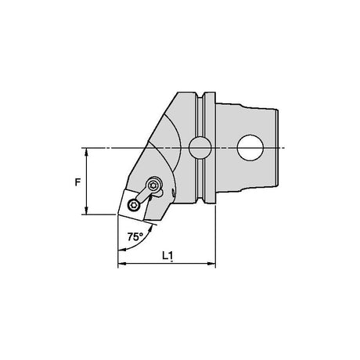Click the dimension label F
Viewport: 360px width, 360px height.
(x=77, y=182)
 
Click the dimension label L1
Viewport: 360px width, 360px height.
(x=167, y=255)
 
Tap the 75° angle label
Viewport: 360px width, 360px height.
(x=135, y=236)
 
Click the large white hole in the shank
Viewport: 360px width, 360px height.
(x=250, y=148)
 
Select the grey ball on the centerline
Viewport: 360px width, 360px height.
(x=200, y=148)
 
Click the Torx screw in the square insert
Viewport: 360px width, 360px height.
(x=134, y=204)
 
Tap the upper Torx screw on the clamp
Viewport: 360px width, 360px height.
(x=153, y=185)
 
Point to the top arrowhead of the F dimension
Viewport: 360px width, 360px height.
(x=87, y=151)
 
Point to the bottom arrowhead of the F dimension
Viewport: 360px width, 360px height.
(x=87, y=211)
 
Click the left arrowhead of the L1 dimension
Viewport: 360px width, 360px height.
(x=121, y=264)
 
